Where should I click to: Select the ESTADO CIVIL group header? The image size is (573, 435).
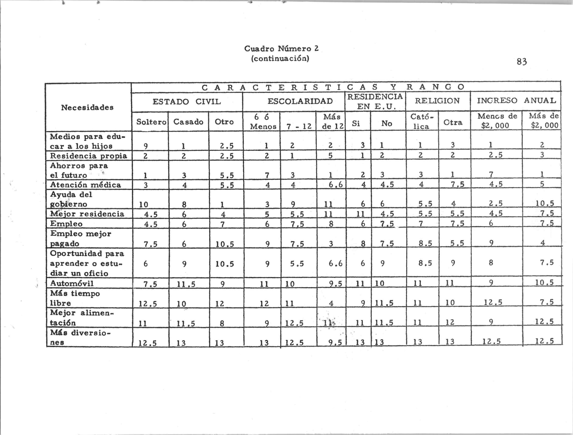point(187,102)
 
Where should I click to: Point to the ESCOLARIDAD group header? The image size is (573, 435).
point(300,101)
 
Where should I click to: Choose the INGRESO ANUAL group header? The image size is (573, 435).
point(517,101)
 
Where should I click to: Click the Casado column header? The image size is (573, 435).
point(188,122)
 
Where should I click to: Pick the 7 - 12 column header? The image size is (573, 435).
point(299,126)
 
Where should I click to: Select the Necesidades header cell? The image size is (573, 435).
point(87,107)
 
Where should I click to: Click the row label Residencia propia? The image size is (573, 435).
point(88,156)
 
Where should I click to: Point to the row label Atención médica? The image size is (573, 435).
point(86,185)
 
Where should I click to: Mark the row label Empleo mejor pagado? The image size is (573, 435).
point(81,238)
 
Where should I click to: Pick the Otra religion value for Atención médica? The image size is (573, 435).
point(454,184)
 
